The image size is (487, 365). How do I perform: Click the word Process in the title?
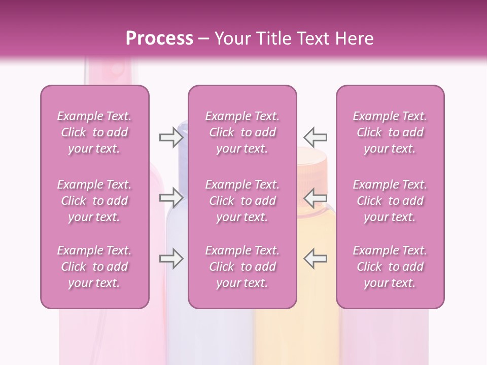(x=159, y=39)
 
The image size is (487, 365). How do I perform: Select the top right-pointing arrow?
(x=171, y=137)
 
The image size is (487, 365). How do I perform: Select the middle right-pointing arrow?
(x=171, y=198)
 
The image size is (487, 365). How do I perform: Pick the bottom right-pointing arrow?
(x=171, y=259)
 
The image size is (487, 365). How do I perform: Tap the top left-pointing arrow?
(x=315, y=137)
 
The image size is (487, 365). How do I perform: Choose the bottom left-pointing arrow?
(x=315, y=259)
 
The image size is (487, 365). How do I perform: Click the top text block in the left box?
(x=94, y=132)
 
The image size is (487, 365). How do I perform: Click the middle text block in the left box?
(x=94, y=201)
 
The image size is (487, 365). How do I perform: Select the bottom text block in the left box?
(x=94, y=267)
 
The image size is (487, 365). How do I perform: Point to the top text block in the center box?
(x=242, y=132)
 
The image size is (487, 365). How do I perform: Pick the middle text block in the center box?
(x=242, y=201)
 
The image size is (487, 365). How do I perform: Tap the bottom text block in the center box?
(x=242, y=267)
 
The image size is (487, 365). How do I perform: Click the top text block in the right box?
(x=390, y=132)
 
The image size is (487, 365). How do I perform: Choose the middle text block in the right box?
(x=390, y=201)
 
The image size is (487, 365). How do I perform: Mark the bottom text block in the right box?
(x=390, y=267)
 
